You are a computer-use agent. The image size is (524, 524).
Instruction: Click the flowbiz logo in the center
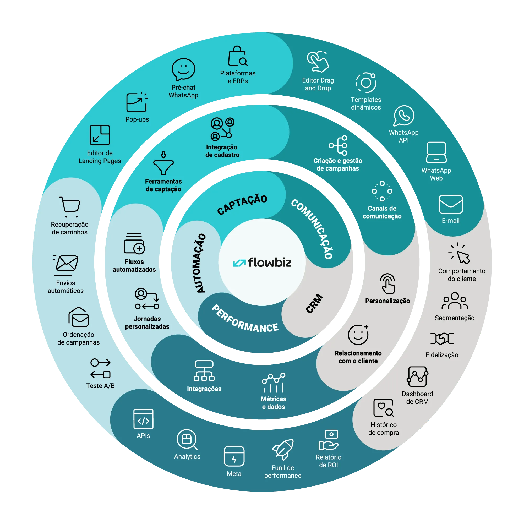pyautogui.click(x=262, y=263)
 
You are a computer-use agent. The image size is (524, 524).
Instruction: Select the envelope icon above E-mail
pyautogui.click(x=450, y=205)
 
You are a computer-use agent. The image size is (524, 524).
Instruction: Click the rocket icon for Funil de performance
pyautogui.click(x=283, y=449)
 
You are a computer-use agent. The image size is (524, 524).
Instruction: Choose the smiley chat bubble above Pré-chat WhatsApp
pyautogui.click(x=183, y=69)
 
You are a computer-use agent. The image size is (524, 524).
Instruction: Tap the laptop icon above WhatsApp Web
pyautogui.click(x=436, y=152)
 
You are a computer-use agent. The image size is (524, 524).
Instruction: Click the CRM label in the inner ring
pyautogui.click(x=314, y=303)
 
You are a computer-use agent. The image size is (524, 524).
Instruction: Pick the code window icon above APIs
pyautogui.click(x=144, y=419)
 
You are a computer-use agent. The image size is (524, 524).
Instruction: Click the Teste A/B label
pyautogui.click(x=100, y=386)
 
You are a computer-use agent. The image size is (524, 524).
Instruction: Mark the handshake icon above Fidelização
pyautogui.click(x=442, y=339)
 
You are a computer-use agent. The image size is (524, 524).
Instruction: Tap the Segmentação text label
pyautogui.click(x=455, y=318)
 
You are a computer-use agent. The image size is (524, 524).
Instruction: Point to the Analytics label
pyautogui.click(x=187, y=456)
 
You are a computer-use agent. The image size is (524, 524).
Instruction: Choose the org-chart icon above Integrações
pyautogui.click(x=204, y=370)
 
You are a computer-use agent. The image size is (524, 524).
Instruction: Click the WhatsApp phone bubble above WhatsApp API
pyautogui.click(x=404, y=116)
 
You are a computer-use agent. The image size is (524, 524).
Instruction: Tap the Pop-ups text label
pyautogui.click(x=137, y=119)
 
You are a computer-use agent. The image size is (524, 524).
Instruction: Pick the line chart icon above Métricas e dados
pyautogui.click(x=273, y=383)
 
